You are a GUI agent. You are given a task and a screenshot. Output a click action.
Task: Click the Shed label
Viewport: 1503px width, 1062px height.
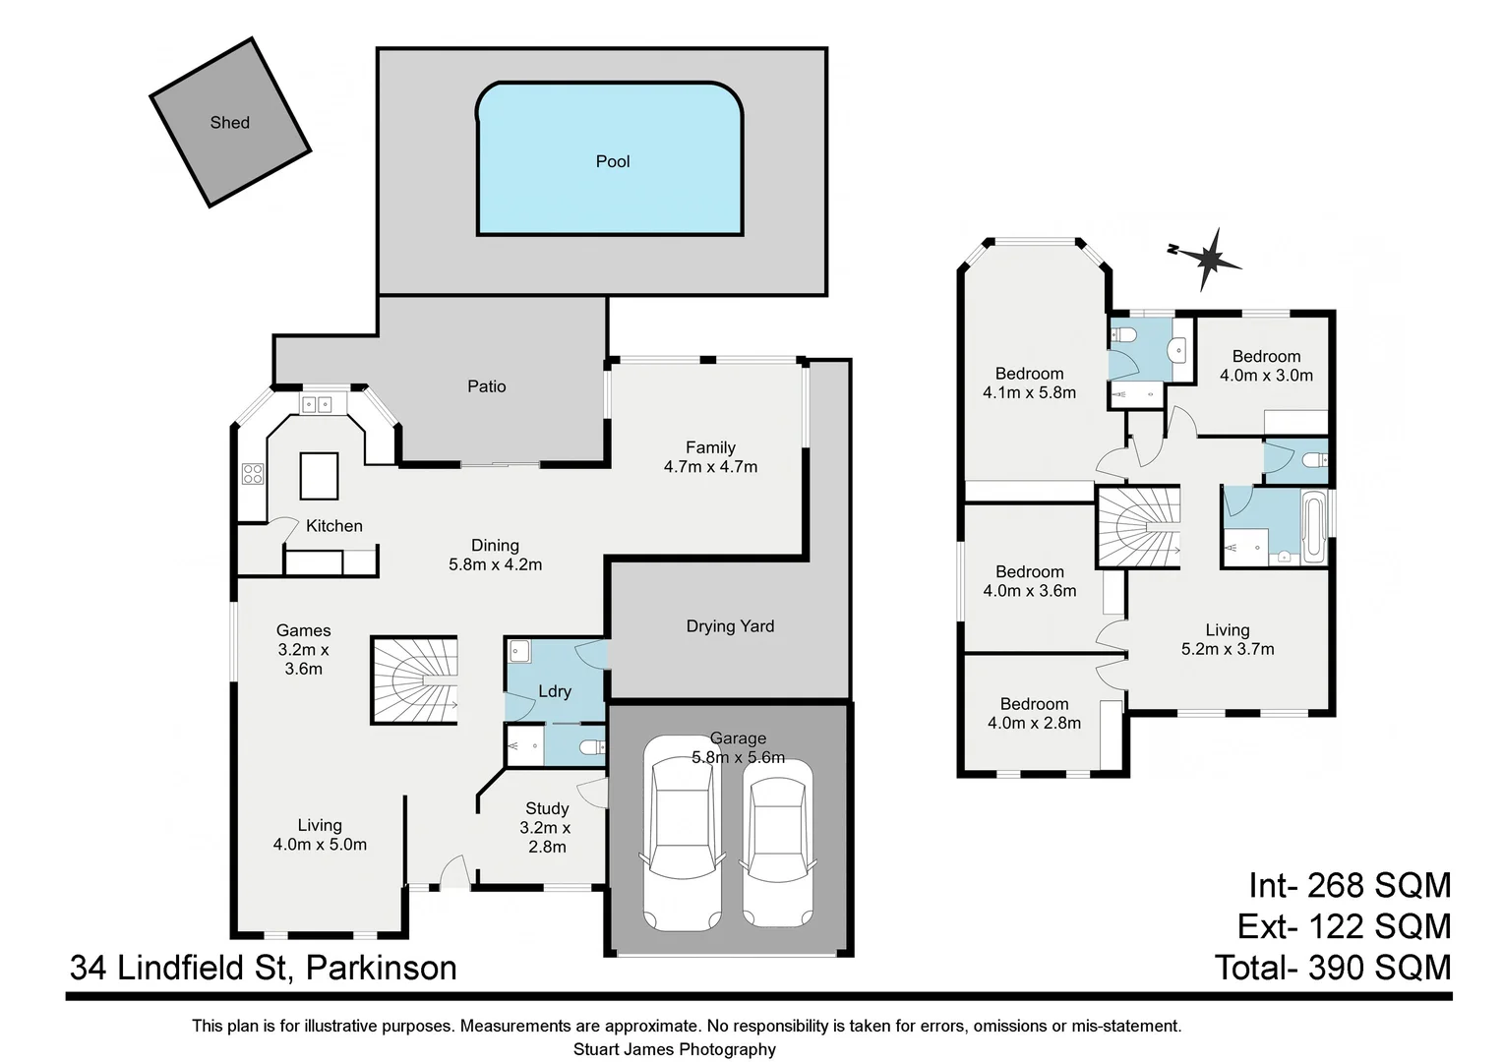point(229,123)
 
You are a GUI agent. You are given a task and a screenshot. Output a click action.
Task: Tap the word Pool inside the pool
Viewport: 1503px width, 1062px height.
point(612,161)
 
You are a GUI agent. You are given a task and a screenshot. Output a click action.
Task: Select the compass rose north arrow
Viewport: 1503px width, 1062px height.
point(1209,259)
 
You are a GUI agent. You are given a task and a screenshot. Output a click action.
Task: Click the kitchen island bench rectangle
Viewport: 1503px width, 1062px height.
point(319,476)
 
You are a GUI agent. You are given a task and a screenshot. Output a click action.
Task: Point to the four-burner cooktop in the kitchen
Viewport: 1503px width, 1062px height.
point(253,474)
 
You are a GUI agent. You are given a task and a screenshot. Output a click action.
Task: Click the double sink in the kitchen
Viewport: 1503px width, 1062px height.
point(317,404)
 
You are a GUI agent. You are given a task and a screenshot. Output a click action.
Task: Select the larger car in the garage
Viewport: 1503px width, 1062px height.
point(681,833)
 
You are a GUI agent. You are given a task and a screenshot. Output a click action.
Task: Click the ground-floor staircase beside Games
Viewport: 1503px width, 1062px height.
point(414,680)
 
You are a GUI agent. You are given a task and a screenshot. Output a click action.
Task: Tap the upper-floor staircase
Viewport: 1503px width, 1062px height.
point(1138,527)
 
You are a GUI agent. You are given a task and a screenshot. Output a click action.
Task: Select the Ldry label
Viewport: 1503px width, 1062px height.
point(555,691)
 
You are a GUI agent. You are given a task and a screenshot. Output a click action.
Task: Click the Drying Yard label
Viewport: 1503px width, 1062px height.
point(730,626)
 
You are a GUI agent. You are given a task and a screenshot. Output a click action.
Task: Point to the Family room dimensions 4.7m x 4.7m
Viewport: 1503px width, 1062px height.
point(710,467)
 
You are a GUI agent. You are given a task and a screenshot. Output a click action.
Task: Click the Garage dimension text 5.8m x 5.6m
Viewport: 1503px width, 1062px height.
point(738,757)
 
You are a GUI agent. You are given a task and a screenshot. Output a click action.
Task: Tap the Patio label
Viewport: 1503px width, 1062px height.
point(486,386)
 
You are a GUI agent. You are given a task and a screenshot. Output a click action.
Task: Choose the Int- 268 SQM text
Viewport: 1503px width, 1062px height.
point(1350,885)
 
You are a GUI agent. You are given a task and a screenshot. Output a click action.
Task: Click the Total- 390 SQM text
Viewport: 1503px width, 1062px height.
point(1333,968)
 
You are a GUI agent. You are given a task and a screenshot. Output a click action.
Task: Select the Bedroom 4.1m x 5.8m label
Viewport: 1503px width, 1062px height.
point(1029,383)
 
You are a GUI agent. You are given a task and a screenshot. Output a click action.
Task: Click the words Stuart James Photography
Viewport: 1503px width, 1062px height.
point(674,1049)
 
